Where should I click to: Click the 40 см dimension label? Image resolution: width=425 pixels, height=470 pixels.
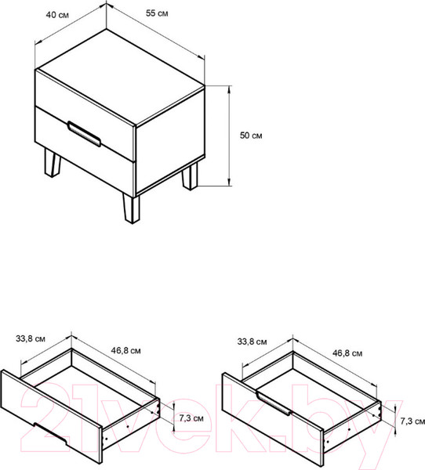(57, 15)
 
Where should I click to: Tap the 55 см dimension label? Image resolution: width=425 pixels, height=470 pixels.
(157, 13)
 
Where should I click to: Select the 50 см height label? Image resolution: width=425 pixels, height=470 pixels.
(251, 136)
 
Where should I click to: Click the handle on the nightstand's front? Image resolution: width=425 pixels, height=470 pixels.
(84, 134)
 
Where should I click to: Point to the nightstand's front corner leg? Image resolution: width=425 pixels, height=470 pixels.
(131, 208)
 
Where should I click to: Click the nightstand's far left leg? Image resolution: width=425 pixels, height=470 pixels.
(53, 163)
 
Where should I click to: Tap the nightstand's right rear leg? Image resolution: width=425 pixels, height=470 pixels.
(190, 176)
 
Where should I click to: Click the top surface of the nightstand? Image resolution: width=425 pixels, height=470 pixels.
(120, 77)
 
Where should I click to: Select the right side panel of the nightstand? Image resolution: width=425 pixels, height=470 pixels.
(170, 141)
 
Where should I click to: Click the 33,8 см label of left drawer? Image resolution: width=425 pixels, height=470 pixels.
(31, 338)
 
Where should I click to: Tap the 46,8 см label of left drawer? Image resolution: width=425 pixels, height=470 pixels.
(125, 350)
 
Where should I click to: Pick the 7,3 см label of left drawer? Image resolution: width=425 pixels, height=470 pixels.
(191, 418)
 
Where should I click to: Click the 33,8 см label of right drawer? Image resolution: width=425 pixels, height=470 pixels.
(252, 342)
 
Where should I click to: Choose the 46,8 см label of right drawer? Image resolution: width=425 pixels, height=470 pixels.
(347, 353)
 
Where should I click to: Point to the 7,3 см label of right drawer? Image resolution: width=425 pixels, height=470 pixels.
(412, 421)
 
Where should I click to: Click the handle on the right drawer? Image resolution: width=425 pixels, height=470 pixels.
(274, 403)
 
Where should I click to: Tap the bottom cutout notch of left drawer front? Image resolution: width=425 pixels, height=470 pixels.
(50, 434)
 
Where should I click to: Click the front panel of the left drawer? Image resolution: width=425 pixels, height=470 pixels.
(51, 417)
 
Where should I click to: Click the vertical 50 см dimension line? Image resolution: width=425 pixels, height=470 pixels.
(230, 136)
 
